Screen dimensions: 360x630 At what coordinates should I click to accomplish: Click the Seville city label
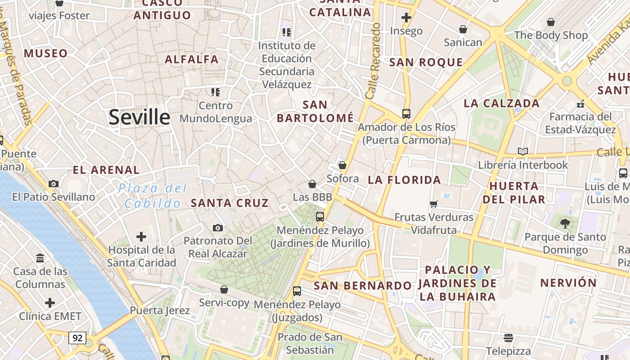point(139,117)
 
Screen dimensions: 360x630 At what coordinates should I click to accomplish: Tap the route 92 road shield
point(77,337)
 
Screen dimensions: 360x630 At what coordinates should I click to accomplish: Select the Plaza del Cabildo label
point(153,196)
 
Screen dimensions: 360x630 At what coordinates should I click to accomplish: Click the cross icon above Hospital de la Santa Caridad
point(141,236)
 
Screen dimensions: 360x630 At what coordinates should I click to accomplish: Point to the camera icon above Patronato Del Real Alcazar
point(218,228)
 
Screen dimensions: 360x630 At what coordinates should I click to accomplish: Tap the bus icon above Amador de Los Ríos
point(406,113)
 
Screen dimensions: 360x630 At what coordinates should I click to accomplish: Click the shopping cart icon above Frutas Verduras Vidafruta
point(434,204)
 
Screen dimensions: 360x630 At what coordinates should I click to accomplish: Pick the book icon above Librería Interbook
point(523,151)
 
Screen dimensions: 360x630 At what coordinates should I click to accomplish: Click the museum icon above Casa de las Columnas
point(40,258)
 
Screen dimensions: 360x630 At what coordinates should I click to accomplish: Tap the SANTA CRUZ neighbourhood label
point(229,203)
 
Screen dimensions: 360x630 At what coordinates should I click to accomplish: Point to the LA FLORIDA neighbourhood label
point(404,180)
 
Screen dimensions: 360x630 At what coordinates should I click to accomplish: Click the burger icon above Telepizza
point(508,337)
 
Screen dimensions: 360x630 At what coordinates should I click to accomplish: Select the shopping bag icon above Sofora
point(342,165)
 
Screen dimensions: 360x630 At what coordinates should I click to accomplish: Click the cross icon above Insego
point(406,18)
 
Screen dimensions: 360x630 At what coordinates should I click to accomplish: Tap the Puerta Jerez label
point(160,310)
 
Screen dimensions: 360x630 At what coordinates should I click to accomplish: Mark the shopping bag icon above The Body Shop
point(551,22)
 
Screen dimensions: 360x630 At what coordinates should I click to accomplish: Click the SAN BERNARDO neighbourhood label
point(363,285)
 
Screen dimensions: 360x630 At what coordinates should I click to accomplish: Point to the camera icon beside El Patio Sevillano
point(54,184)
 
